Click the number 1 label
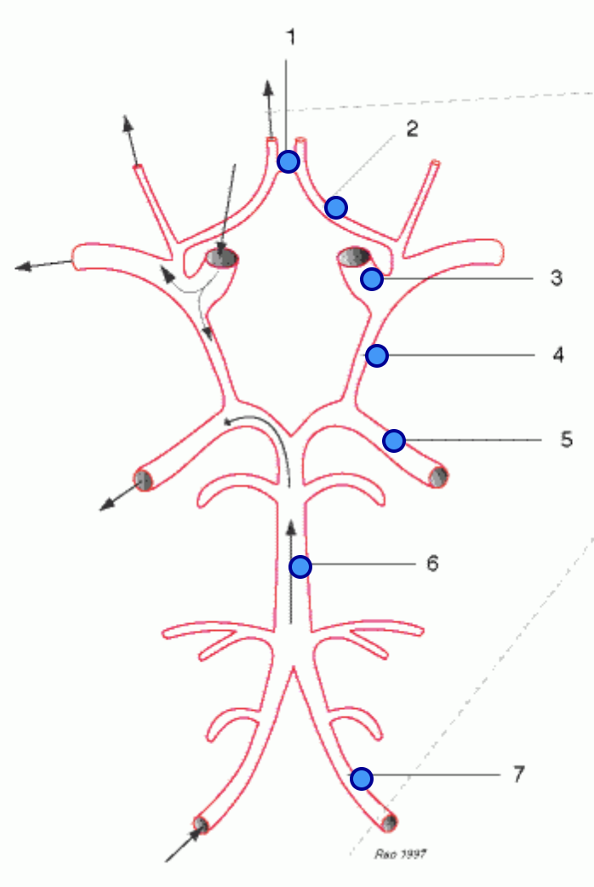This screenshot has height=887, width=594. point(291,38)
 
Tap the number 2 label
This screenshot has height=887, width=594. point(413,129)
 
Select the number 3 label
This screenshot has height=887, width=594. point(557,278)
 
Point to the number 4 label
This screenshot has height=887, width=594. point(558,355)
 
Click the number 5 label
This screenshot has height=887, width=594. point(567,439)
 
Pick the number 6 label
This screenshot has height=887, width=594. point(432,564)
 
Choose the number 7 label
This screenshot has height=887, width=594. point(519,774)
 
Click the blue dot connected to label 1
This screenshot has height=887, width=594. point(288,162)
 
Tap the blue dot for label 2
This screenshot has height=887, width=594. point(336,208)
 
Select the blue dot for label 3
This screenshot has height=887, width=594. point(372,278)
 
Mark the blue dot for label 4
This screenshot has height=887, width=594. point(377,356)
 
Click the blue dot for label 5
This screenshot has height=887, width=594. point(394,440)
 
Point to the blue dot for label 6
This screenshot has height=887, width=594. point(300,566)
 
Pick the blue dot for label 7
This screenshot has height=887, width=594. point(362,778)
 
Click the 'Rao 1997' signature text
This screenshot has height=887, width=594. point(401,854)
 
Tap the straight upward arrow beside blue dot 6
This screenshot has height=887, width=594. point(291,573)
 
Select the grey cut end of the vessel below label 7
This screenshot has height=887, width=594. point(389,822)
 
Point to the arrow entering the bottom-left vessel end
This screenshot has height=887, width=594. point(185,844)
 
